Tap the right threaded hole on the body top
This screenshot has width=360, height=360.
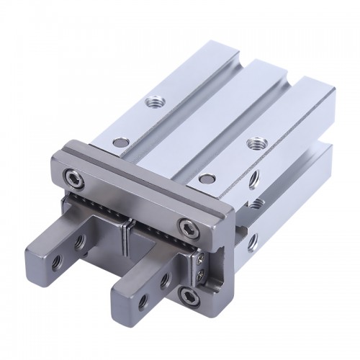pyautogui.click(x=253, y=142)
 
